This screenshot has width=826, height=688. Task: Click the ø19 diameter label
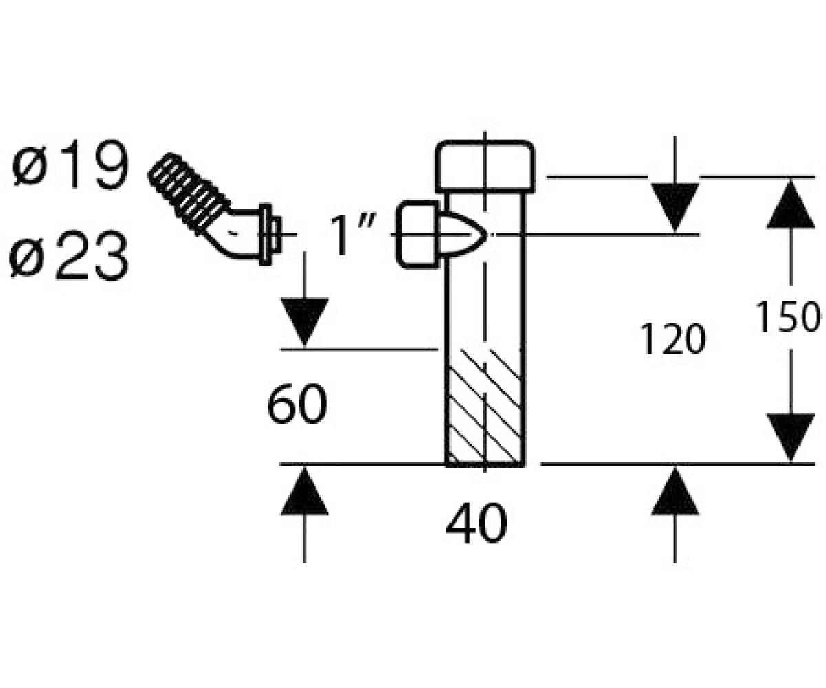point(70,164)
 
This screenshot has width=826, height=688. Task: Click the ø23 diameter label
point(70,255)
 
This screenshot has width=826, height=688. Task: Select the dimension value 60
point(297,405)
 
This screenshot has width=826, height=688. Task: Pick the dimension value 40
point(476,523)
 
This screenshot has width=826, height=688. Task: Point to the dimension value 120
point(673,339)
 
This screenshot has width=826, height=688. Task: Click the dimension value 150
point(787,316)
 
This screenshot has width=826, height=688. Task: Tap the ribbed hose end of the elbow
point(189,193)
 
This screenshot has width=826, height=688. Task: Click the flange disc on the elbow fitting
point(265,235)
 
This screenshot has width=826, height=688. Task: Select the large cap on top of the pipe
point(485,166)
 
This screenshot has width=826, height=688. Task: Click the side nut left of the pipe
point(418,235)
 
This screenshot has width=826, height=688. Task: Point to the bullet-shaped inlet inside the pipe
point(463,235)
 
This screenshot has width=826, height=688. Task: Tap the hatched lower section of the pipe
point(485,407)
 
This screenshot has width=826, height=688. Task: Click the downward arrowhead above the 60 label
point(304,321)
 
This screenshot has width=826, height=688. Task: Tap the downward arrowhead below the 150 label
point(790,438)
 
